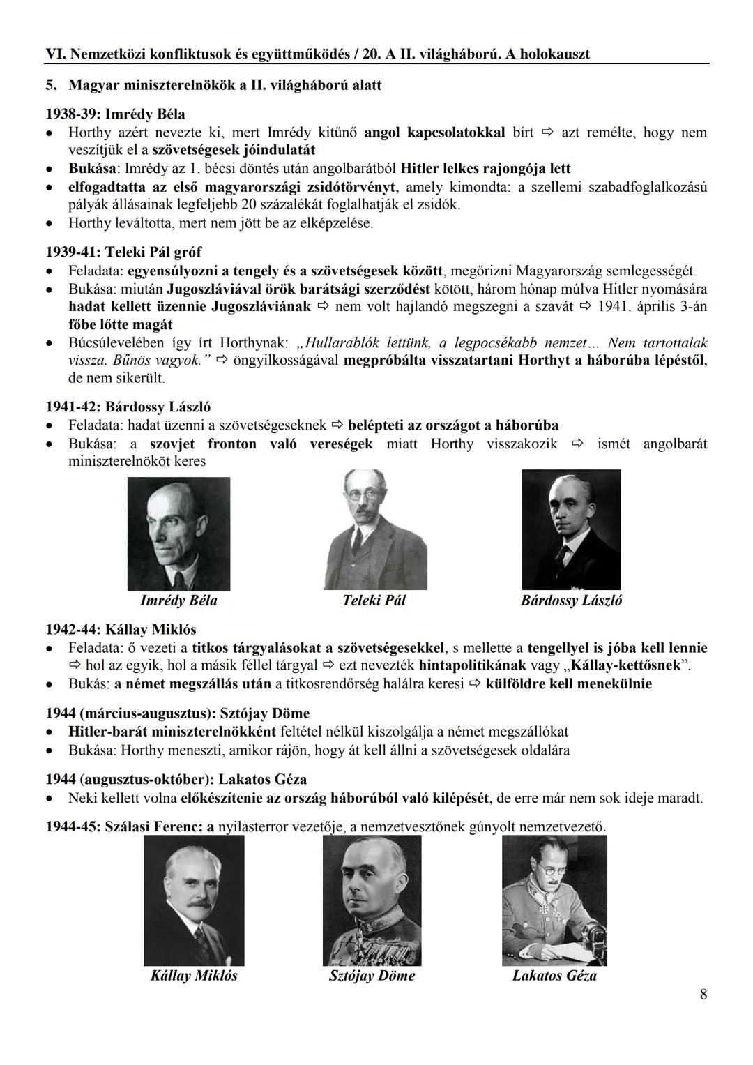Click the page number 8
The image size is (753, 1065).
(x=703, y=995)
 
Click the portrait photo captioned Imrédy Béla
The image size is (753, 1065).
(x=178, y=534)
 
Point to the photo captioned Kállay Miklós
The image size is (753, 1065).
(x=194, y=900)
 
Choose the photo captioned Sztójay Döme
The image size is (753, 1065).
(x=372, y=900)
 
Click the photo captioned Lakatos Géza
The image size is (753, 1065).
(x=554, y=899)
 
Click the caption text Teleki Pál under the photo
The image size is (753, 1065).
(x=374, y=601)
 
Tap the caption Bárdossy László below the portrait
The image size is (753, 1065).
(x=571, y=601)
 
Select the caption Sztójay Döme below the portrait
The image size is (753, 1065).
(x=372, y=976)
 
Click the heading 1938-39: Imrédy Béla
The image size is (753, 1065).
(x=115, y=114)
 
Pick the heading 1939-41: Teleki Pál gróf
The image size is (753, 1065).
(x=123, y=252)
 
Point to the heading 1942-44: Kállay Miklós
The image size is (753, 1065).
(x=121, y=629)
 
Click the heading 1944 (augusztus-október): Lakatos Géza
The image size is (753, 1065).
(x=176, y=779)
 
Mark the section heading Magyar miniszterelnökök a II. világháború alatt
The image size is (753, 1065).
(x=225, y=85)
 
